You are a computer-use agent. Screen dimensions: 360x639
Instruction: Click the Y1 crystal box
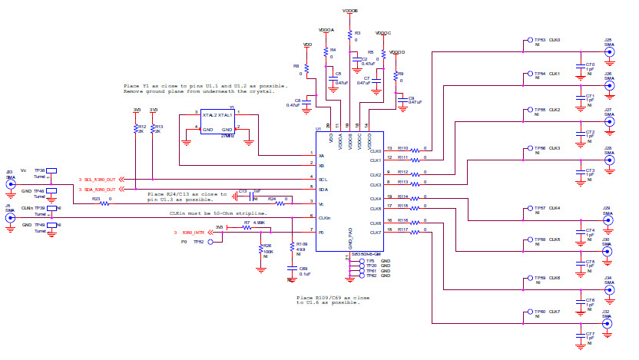pyautogui.click(x=217, y=122)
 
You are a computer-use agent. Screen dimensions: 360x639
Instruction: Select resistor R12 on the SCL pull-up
pyautogui.click(x=135, y=128)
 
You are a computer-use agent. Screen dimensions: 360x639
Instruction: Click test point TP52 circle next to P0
pyautogui.click(x=210, y=241)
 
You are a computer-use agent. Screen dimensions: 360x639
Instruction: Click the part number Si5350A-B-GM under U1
pyautogui.click(x=367, y=253)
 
